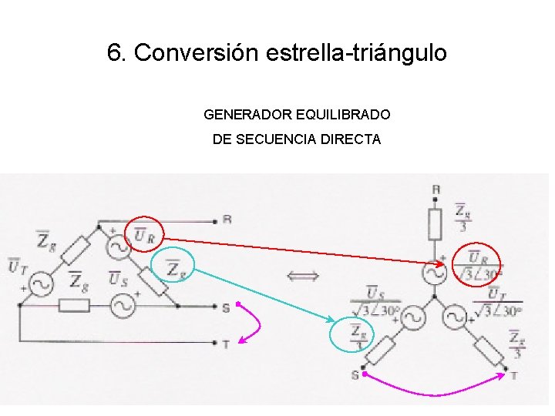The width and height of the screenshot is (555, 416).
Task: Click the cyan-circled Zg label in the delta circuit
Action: [175, 267]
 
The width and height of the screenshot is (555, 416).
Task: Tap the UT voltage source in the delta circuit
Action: [40, 284]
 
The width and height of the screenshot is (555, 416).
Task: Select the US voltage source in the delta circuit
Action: [122, 306]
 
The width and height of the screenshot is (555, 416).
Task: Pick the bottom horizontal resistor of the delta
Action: [74, 306]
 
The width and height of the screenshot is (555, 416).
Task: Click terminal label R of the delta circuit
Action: [227, 219]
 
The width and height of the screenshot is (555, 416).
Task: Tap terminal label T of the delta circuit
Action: [225, 344]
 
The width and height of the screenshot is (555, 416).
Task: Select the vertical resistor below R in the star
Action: [435, 224]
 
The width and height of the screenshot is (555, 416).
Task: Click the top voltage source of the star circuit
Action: [436, 272]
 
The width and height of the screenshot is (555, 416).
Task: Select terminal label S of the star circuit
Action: [355, 375]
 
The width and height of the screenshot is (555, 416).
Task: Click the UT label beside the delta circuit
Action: [17, 267]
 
